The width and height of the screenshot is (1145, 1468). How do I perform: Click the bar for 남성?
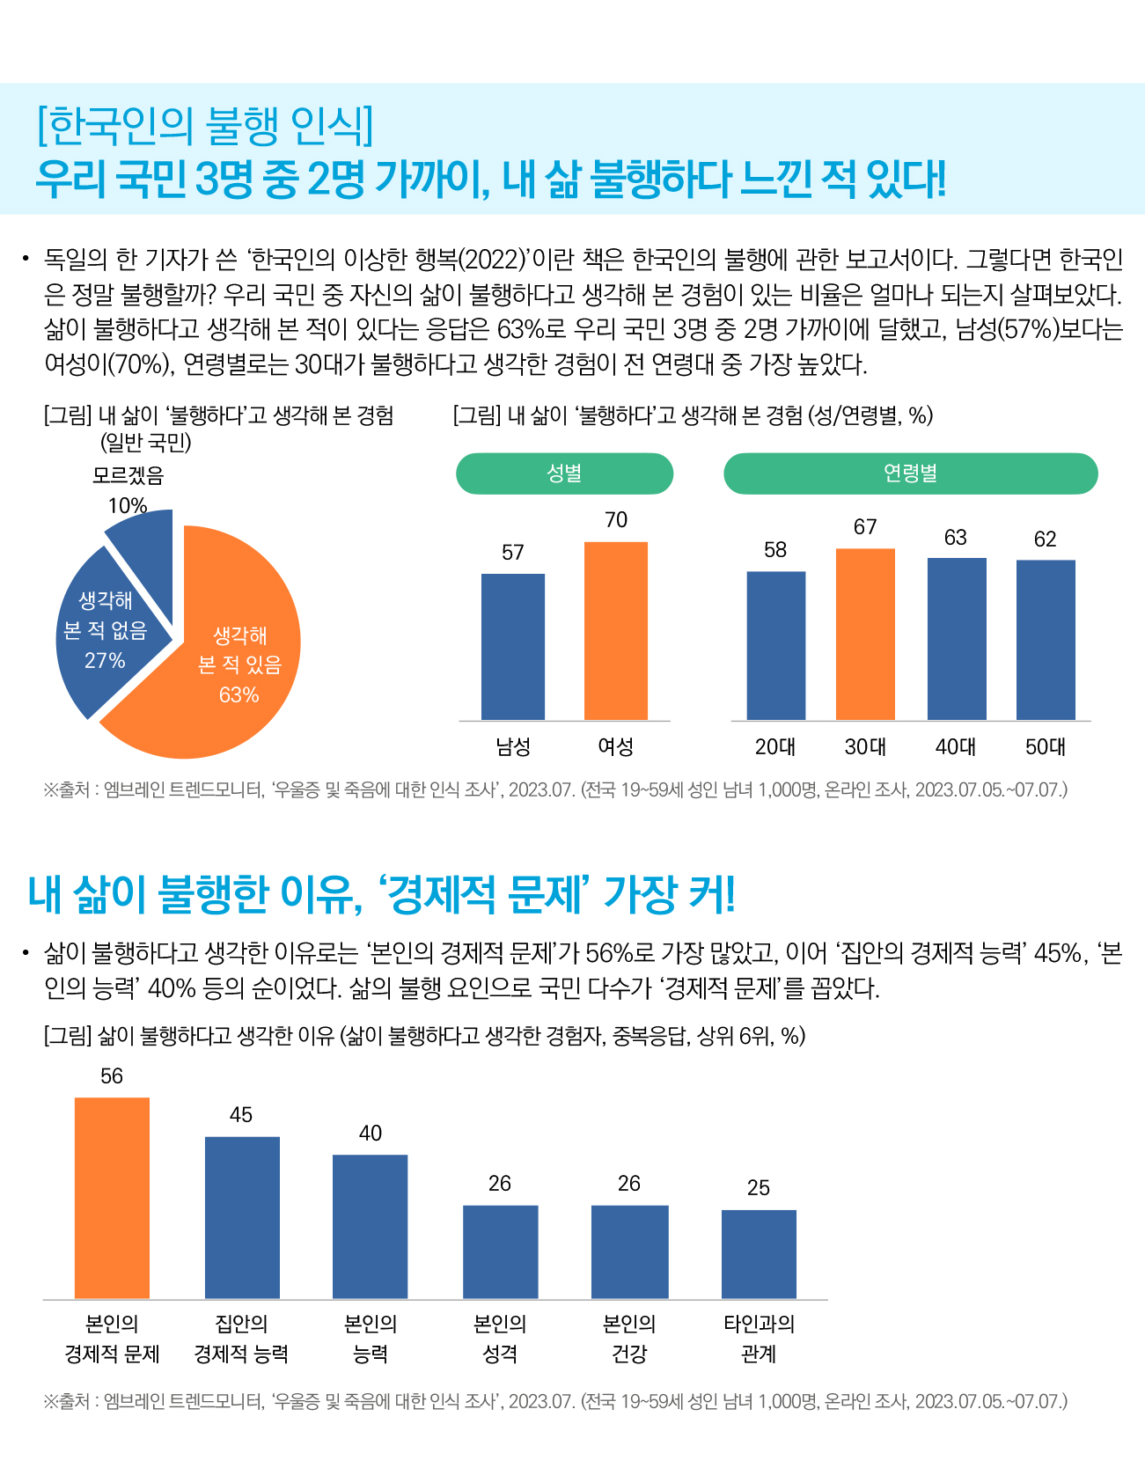(x=513, y=647)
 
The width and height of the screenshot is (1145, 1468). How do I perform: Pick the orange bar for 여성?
(x=616, y=631)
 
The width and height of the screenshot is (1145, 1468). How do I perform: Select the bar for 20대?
(x=776, y=646)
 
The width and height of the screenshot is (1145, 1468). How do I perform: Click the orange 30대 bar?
(x=865, y=635)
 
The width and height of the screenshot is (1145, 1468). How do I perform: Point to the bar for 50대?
(x=1046, y=640)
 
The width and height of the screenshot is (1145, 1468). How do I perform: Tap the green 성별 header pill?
(x=564, y=473)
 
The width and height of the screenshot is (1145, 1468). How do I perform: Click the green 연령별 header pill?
(x=911, y=473)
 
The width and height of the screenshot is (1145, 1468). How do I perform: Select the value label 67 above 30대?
(x=865, y=526)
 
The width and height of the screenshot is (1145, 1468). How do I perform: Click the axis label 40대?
(x=956, y=747)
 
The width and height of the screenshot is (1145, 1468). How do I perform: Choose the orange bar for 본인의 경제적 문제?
(x=112, y=1198)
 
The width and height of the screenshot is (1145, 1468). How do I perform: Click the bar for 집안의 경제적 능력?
(x=242, y=1218)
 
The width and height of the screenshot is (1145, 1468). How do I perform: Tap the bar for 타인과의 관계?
(x=759, y=1254)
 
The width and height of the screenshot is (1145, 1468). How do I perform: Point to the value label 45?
(x=241, y=1115)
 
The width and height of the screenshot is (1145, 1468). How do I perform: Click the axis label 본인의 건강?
(x=629, y=1339)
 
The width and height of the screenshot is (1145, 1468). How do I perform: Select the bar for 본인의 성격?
(x=500, y=1252)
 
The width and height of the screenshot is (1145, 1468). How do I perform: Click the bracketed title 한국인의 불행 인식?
(x=205, y=125)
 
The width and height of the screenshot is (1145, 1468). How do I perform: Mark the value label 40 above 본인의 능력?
(x=371, y=1134)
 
